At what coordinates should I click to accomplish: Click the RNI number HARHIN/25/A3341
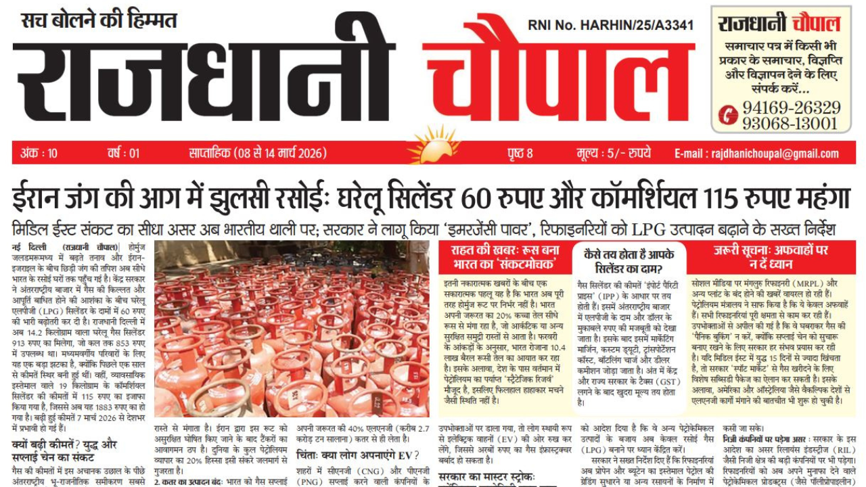pos(610,26)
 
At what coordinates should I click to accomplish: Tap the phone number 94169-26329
pos(791,108)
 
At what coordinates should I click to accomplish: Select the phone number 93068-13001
pos(790,123)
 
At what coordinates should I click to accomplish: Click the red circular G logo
pos(727,115)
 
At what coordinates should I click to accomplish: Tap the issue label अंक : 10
pos(39,154)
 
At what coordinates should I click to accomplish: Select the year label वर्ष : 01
pos(123,154)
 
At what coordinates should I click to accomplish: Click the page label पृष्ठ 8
pos(520,154)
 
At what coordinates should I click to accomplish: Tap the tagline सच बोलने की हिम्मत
pos(98,20)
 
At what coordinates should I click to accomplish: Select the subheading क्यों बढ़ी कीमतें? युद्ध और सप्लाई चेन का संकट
pos(74,451)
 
